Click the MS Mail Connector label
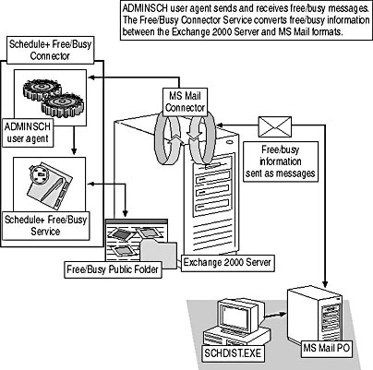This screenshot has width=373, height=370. pyautogui.click(x=185, y=101)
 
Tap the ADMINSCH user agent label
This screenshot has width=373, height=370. pyautogui.click(x=28, y=133)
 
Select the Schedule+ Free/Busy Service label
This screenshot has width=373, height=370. pyautogui.click(x=45, y=225)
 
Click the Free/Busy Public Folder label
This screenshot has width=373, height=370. pyautogui.click(x=113, y=269)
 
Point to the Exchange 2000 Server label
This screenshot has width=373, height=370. pyautogui.click(x=227, y=263)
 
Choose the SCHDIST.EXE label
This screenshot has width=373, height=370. pyautogui.click(x=233, y=352)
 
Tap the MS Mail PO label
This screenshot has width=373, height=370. pyautogui.click(x=327, y=348)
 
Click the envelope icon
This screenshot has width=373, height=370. pyautogui.click(x=275, y=126)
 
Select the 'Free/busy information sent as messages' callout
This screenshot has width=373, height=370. pyautogui.click(x=281, y=161)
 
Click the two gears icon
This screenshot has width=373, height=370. pyautogui.click(x=53, y=98)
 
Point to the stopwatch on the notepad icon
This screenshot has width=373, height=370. pyautogui.click(x=40, y=174)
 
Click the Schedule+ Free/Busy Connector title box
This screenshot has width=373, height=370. pyautogui.click(x=50, y=50)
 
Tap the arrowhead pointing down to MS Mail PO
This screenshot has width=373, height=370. pyautogui.click(x=325, y=284)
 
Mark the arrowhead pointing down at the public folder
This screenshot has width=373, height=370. pyautogui.click(x=125, y=212)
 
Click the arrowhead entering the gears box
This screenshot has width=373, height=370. pyautogui.click(x=91, y=78)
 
